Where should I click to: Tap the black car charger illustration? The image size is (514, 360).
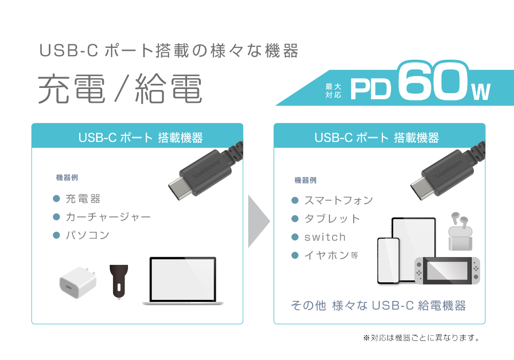[x=119, y=281]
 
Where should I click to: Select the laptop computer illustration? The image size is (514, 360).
[x=183, y=281]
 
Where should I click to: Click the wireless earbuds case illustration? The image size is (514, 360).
[x=460, y=231]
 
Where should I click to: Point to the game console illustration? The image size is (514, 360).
[x=447, y=271]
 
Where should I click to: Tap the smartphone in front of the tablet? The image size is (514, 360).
[x=389, y=261]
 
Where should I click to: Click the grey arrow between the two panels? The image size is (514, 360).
[x=259, y=221]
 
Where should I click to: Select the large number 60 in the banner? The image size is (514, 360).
[x=433, y=81]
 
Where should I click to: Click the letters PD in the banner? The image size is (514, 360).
[x=371, y=89]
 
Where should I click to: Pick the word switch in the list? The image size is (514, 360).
[x=325, y=237]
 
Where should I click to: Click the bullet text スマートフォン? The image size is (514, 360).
[x=339, y=200]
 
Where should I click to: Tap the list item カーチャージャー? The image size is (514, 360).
[x=108, y=217]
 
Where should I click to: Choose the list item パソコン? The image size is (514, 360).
[x=87, y=235]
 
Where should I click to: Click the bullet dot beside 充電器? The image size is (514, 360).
[x=57, y=199]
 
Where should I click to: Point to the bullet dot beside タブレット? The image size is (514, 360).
[x=295, y=219]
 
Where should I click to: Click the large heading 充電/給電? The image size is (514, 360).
[x=120, y=88]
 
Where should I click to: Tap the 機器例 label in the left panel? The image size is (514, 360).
[x=67, y=178]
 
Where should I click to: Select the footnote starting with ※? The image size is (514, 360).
[x=421, y=338]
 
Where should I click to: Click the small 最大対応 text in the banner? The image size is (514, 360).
[x=334, y=91]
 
